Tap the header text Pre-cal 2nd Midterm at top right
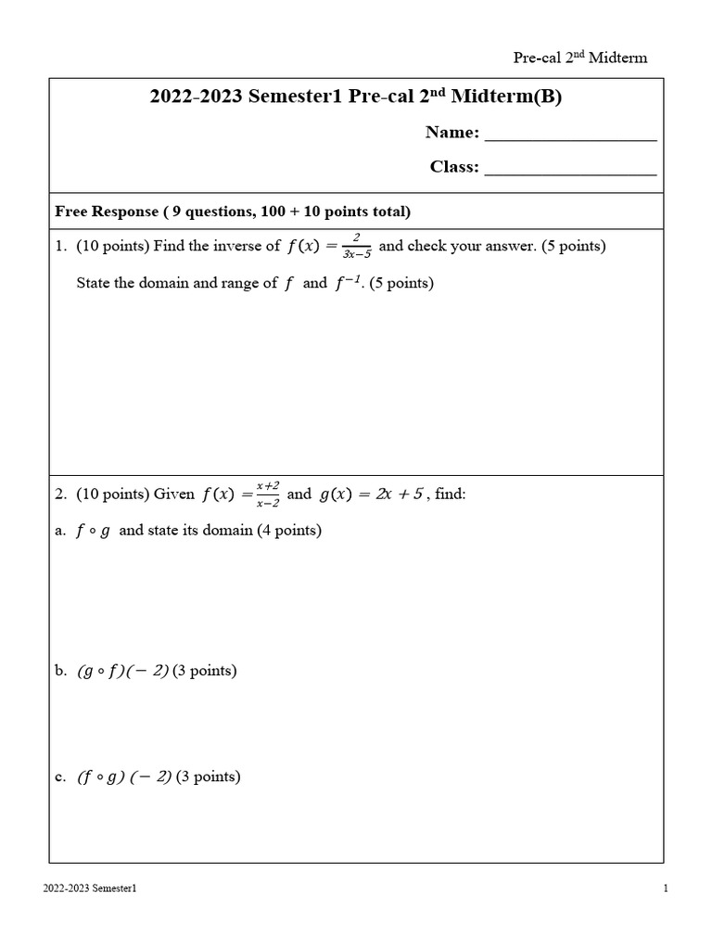pos(580,58)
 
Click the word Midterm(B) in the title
pos(506,97)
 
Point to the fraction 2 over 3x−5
pos(356,247)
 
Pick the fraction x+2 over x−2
pos(268,494)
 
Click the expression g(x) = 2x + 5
pos(372,494)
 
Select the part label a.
pos(60,531)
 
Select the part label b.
pos(60,670)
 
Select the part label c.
pos(60,777)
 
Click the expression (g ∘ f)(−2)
pos(123,670)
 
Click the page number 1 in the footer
pos(666,889)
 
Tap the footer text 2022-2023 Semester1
pos(90,889)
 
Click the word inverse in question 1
pos(242,247)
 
